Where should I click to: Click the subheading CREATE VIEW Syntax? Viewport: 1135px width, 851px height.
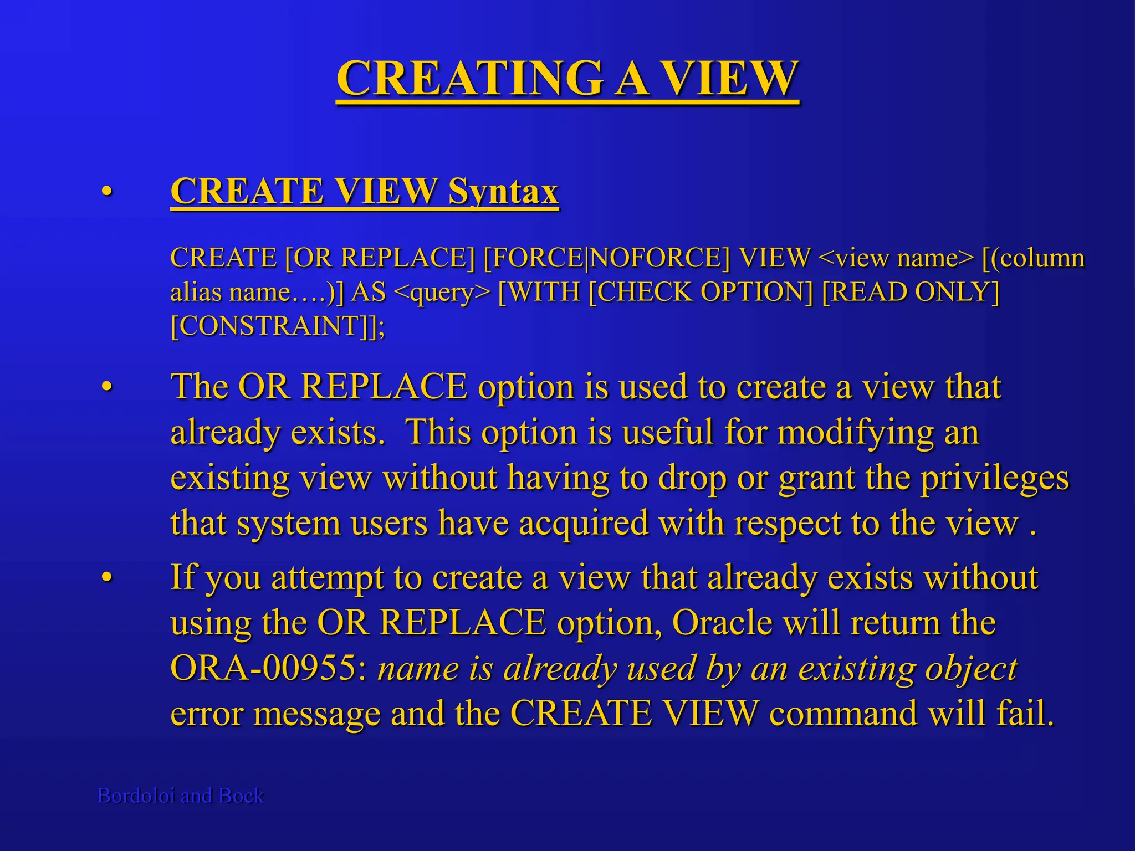point(364,191)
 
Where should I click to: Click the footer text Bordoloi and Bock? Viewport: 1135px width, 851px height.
point(181,796)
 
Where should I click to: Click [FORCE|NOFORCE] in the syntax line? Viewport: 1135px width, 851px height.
point(606,258)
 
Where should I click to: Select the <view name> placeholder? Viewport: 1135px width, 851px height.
point(895,258)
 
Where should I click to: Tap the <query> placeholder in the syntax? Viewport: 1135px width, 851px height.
point(442,292)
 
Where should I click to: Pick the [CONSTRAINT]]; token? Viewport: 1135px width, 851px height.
point(277,326)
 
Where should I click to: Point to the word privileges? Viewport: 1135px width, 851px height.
point(995,478)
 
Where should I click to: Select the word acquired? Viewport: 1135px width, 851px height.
point(584,522)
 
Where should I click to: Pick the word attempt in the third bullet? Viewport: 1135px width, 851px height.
point(327,578)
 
